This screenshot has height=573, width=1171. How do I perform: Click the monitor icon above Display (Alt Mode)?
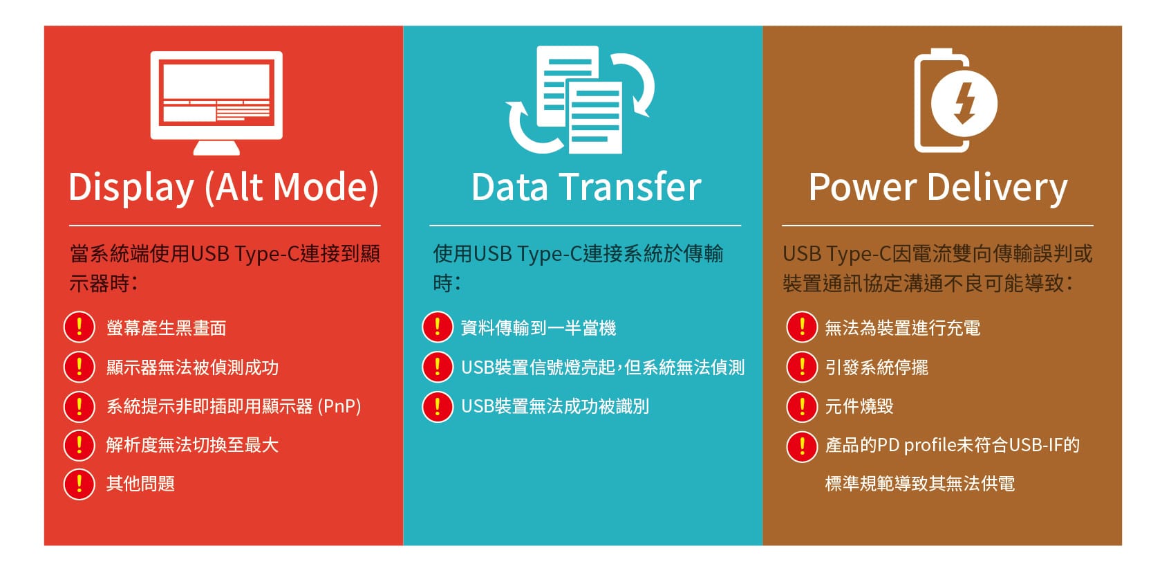[216, 102]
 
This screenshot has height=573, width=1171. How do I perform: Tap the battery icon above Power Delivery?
[941, 101]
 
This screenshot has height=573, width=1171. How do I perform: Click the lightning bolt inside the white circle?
[964, 102]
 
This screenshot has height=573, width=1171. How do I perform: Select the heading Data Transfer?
[585, 188]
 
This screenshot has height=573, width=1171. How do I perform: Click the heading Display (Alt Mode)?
[224, 188]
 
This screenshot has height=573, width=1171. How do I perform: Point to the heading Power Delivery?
[938, 188]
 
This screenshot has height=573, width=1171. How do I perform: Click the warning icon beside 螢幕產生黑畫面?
[79, 327]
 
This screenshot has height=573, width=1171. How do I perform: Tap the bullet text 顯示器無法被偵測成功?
[192, 367]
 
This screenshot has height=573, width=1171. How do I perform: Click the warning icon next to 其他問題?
[79, 484]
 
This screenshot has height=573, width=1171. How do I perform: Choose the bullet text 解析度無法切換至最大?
[192, 445]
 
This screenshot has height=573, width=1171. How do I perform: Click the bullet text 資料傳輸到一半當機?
[538, 328]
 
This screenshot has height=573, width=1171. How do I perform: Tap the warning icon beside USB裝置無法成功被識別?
[438, 407]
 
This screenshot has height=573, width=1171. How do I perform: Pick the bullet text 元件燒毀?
[859, 406]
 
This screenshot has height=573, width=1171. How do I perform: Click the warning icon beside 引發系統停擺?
[802, 367]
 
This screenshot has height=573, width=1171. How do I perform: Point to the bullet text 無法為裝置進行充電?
[902, 328]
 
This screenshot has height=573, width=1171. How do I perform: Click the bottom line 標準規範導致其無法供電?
[920, 484]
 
